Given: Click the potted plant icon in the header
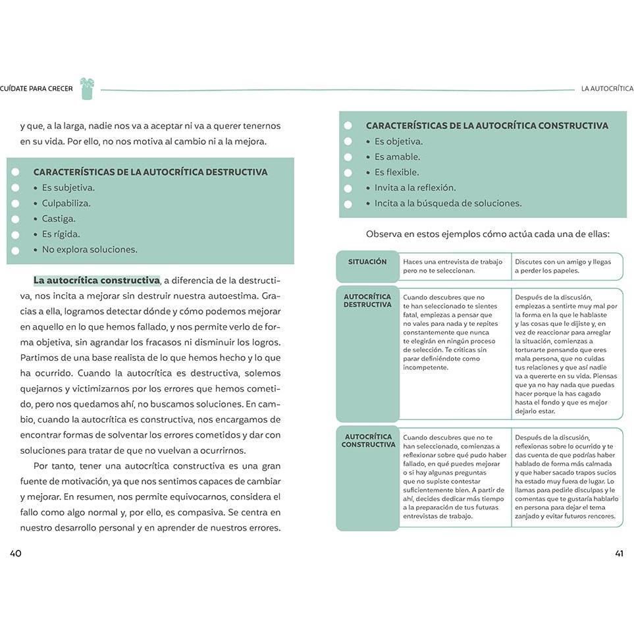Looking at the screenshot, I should click(x=87, y=89).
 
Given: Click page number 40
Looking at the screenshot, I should click(x=16, y=553).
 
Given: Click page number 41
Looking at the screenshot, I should click(x=619, y=553).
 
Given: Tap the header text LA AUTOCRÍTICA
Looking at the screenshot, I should click(x=606, y=89).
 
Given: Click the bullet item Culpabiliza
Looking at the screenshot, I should click(x=66, y=203).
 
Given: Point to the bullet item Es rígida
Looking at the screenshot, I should click(x=61, y=234).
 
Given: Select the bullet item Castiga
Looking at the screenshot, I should click(x=59, y=219).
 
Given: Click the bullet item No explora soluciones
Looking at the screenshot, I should click(x=90, y=250).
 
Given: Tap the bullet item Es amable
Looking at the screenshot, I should click(x=397, y=157).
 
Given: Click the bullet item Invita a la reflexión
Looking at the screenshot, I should click(x=415, y=188).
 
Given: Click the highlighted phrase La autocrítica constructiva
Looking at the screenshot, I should click(x=97, y=280).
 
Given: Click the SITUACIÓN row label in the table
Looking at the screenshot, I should click(x=367, y=262).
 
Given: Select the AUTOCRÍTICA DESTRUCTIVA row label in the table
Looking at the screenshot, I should click(x=367, y=301).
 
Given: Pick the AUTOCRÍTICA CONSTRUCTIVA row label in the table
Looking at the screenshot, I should click(x=368, y=440).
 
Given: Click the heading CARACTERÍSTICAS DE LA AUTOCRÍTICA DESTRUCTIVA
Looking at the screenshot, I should click(x=150, y=172).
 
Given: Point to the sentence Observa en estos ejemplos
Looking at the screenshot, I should click(x=488, y=234).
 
